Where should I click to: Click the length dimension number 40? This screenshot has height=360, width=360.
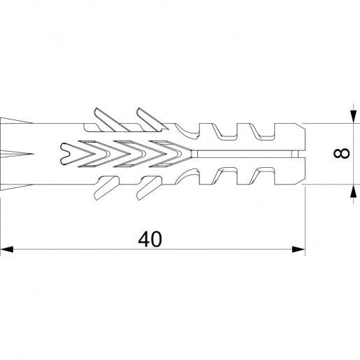(150, 239)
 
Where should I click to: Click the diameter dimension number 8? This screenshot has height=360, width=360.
(342, 154)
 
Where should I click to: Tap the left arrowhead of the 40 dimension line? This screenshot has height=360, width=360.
(6, 249)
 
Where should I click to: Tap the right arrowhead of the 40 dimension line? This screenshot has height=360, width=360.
(298, 249)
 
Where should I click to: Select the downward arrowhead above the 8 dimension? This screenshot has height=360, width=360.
(354, 116)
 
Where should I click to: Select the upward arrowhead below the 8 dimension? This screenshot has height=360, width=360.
(354, 191)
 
